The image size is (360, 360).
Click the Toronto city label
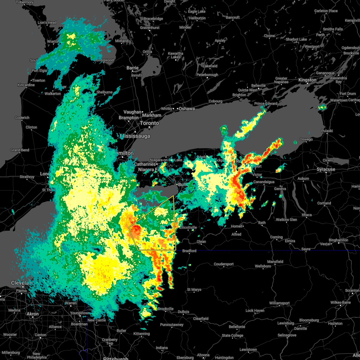click(149, 123)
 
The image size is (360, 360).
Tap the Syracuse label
click(326, 169)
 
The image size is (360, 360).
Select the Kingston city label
click(307, 80)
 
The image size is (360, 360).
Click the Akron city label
click(33, 314)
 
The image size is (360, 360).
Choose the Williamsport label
click(279, 303)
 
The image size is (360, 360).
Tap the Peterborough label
click(207, 75)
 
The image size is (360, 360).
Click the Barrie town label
click(132, 68)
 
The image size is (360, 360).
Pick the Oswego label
click(306, 139)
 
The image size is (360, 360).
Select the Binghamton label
click(338, 240)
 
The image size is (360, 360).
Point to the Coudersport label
click(223, 264)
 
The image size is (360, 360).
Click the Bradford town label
click(189, 251)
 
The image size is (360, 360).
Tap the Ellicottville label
click(188, 227)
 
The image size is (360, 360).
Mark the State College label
click(232, 335)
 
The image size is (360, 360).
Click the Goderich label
click(22, 118)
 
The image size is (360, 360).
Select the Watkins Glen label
click(286, 220)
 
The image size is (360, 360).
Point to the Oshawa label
click(187, 109)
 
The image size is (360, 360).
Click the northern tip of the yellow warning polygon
click(173, 196)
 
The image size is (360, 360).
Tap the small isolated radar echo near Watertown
click(322, 107)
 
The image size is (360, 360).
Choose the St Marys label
click(194, 290)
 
